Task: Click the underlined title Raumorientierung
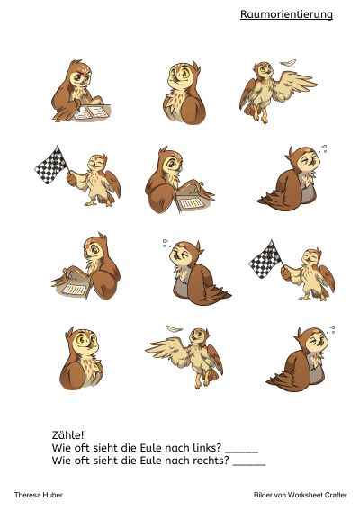(286, 14)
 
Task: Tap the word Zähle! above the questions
(67, 434)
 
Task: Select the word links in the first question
(206, 448)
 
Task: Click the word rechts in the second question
(211, 461)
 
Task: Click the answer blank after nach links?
(242, 452)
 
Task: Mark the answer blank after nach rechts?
(249, 464)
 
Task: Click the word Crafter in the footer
(336, 495)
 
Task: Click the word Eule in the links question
(150, 448)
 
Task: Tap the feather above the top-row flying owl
(288, 62)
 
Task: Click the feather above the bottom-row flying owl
(175, 329)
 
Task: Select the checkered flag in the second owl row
(51, 165)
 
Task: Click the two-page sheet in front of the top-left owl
(91, 112)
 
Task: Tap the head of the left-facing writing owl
(95, 247)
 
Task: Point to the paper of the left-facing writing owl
(74, 289)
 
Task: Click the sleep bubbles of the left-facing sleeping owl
(166, 243)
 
